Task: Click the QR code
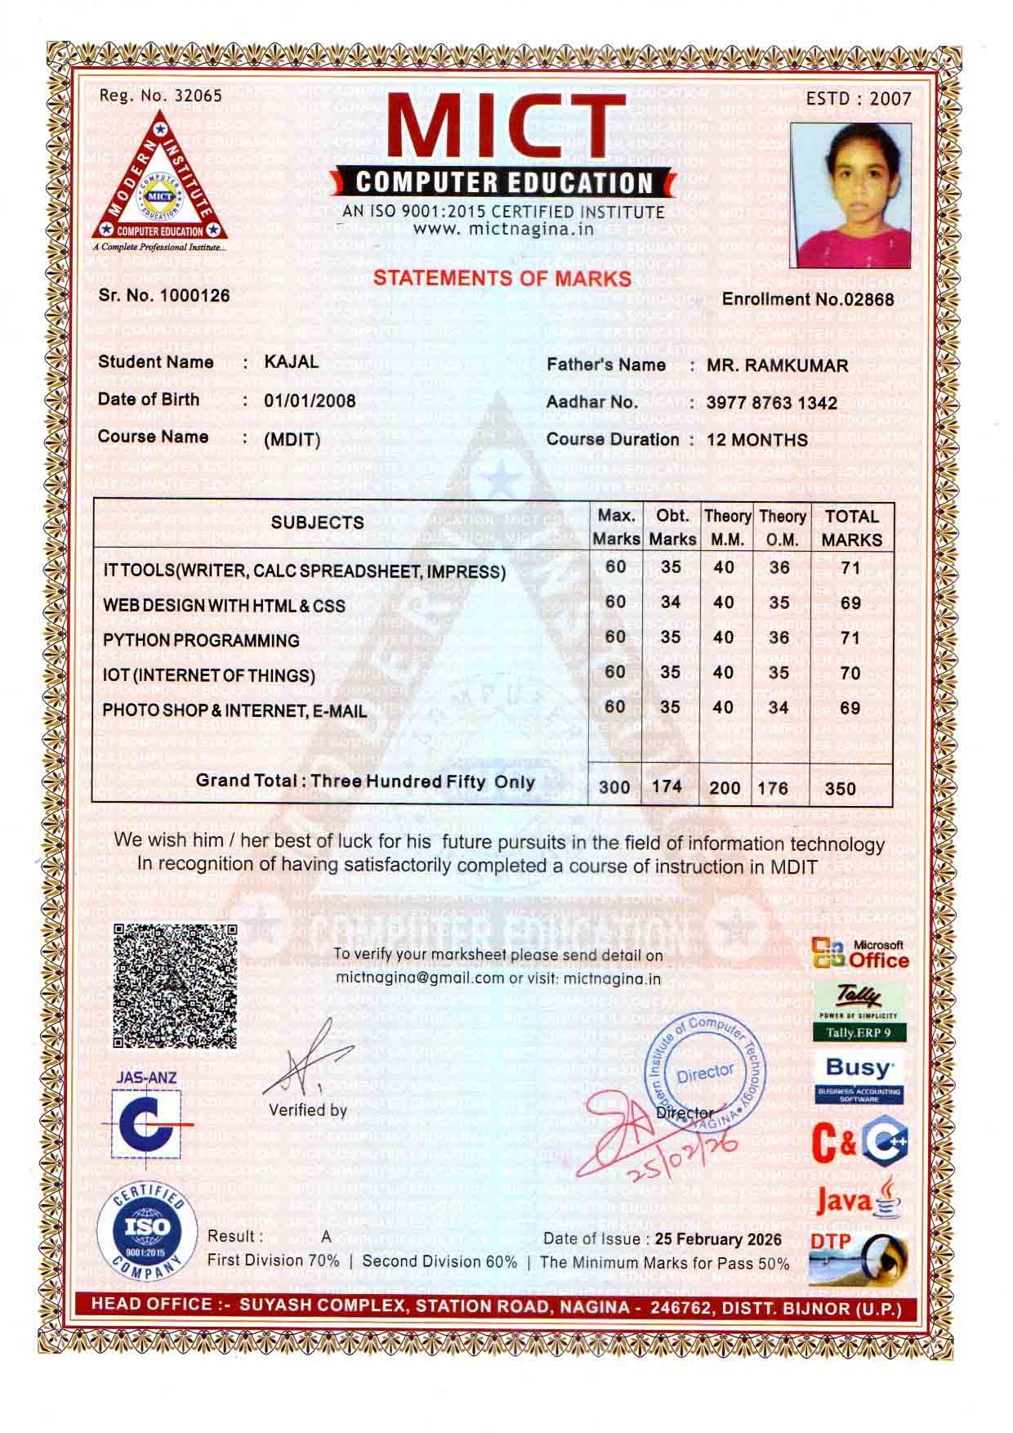(175, 985)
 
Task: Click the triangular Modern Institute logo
(156, 181)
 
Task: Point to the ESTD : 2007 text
(858, 99)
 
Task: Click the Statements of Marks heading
(502, 278)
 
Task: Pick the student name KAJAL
(292, 362)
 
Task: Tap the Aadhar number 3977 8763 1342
(771, 403)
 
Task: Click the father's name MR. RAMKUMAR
(777, 365)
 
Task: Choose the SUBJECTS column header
(317, 523)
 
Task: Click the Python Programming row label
(201, 641)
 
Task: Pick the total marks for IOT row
(850, 673)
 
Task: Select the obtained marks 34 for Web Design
(671, 602)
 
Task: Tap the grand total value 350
(841, 789)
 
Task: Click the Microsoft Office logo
(860, 953)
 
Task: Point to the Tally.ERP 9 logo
(859, 1011)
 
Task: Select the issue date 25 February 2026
(718, 1239)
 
